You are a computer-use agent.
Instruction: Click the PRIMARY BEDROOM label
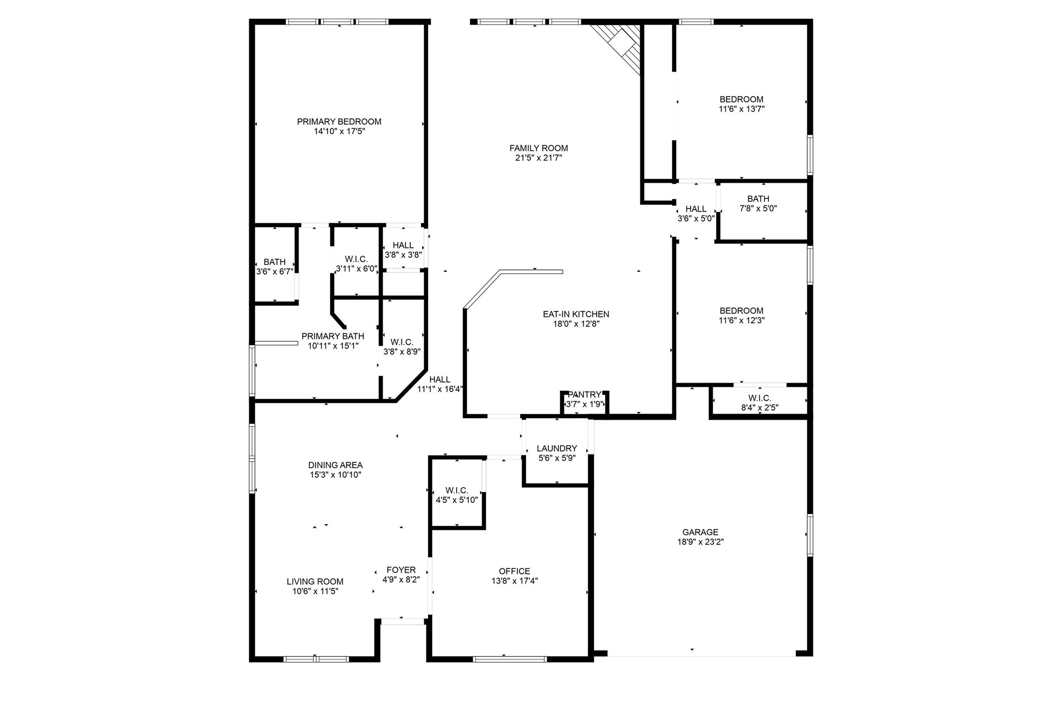tap(339, 122)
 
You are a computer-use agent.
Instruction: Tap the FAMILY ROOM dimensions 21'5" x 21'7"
tap(538, 158)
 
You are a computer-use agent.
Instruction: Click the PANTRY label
tap(584, 395)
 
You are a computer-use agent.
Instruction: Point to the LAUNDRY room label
tap(557, 449)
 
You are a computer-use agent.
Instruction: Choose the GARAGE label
tap(700, 532)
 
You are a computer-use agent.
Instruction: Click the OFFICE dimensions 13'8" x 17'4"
tap(514, 581)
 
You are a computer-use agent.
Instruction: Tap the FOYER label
tap(401, 570)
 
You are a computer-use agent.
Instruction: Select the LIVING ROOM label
tap(315, 582)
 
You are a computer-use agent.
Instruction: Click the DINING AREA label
tap(335, 465)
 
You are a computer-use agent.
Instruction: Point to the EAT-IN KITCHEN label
tap(576, 314)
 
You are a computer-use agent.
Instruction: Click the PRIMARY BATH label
tap(333, 336)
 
